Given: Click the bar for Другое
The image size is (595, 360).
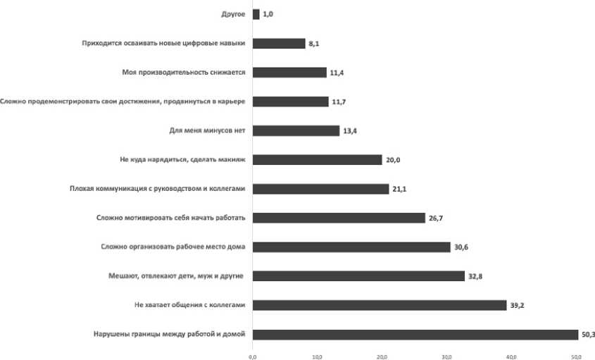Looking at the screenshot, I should pos(256,13).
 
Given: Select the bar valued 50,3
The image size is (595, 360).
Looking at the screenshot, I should pos(415,335).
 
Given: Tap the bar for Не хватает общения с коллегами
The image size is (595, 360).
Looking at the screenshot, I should pos(380,305).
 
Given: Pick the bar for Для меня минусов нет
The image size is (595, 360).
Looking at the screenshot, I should pos(296,130).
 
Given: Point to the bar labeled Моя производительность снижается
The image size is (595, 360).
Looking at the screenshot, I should pos(289,72).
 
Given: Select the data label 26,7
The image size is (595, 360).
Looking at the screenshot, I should pos(436,218).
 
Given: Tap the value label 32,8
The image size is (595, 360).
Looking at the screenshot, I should pos(475,277).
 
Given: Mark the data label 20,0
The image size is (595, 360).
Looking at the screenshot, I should pos(393,160).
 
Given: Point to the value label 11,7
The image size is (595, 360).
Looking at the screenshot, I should pos(339,101).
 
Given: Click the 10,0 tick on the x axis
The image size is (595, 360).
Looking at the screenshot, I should pos(318,356).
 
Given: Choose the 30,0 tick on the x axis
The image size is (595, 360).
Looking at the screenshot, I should pos(446,356).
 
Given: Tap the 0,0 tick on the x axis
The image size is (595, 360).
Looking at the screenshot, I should pos(253,356).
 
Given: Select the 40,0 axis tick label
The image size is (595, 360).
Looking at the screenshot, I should pos(511,356).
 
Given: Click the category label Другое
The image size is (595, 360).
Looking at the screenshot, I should pos(232,13).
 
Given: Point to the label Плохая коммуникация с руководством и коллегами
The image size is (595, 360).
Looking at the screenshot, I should pos(157,189).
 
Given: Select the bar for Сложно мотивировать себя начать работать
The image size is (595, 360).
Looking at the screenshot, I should pos(339,218).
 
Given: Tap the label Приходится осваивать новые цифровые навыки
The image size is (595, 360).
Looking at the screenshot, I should pos(163,43).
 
